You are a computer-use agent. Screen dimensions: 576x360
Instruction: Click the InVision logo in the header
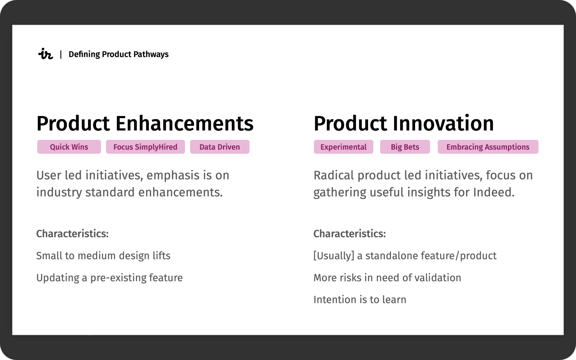(45, 54)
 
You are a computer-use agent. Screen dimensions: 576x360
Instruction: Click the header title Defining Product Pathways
(119, 54)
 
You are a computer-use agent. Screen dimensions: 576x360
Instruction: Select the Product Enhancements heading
(145, 124)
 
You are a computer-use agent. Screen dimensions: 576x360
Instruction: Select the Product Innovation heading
(404, 123)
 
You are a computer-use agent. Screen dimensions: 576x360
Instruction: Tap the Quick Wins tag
(69, 147)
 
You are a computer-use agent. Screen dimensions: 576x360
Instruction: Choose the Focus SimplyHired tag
(145, 147)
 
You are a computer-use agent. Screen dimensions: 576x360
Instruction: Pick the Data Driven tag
(219, 147)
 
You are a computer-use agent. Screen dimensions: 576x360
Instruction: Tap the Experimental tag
(343, 147)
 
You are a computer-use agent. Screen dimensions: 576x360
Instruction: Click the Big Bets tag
(405, 147)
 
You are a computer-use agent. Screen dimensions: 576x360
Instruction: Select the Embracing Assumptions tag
(488, 147)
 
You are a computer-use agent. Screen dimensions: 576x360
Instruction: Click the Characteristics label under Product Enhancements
(72, 234)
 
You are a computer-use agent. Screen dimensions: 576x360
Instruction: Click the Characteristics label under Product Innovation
(350, 234)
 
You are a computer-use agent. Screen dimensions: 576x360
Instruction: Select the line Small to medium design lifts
(103, 256)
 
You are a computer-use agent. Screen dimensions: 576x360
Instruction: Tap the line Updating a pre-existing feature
(110, 278)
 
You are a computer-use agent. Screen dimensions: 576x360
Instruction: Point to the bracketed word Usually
(334, 256)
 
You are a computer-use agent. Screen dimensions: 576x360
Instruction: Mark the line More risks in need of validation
(387, 278)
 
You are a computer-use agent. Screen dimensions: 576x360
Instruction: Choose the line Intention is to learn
(360, 300)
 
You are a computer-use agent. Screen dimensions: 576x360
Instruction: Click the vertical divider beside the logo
(61, 54)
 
